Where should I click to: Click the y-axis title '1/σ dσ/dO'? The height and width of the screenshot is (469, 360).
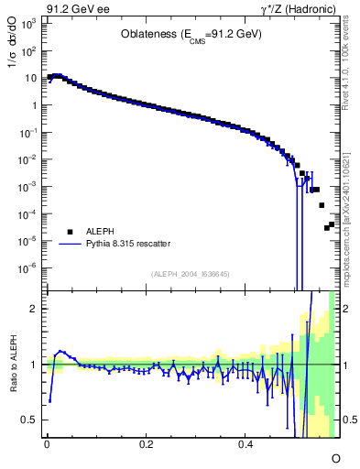pos(11,58)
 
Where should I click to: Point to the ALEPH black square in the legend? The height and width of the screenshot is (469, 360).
pos(70,233)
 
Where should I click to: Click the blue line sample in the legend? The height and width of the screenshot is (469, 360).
pos(70,245)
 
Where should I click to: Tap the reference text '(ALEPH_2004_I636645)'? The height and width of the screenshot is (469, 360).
pos(190,274)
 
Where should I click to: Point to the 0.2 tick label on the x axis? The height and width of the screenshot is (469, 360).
pos(147,444)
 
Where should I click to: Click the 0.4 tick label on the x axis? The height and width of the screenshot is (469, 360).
pos(245,444)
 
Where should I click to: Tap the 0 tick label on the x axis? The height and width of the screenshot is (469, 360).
pos(47,444)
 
